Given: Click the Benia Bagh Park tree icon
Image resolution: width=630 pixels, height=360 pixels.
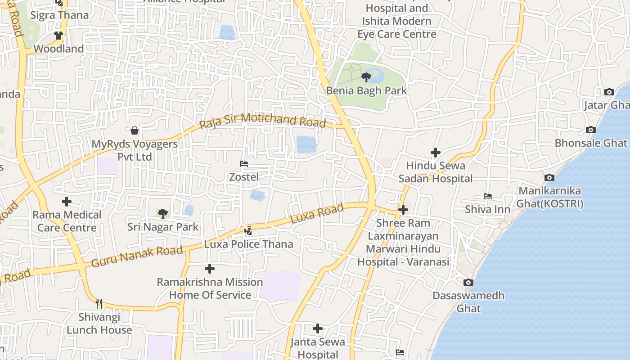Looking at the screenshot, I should [366, 77].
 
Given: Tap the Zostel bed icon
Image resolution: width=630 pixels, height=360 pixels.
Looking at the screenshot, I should [244, 164].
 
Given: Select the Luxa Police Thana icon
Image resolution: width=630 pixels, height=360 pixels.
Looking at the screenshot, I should [248, 231].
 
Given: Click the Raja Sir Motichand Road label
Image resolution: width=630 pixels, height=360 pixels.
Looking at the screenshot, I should [263, 121].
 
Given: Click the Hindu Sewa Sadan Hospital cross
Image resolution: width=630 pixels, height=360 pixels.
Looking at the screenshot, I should [435, 153].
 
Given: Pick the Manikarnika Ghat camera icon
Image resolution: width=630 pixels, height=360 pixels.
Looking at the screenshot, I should [549, 177].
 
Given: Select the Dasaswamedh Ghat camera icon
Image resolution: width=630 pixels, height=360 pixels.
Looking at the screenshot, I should [468, 282].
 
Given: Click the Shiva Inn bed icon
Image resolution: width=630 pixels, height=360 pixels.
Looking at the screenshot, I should [487, 196].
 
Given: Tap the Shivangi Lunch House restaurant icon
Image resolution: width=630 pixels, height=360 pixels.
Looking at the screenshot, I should [99, 304].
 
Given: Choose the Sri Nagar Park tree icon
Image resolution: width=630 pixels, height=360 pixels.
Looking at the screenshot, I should [162, 213].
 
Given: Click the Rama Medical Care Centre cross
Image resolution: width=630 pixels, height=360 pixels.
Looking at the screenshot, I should [67, 201].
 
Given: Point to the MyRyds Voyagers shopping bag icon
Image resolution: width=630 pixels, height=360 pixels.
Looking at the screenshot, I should [134, 130].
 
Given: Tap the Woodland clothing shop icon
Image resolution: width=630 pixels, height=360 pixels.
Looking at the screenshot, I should [58, 35].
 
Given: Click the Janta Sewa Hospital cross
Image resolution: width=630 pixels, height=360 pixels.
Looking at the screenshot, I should [318, 328].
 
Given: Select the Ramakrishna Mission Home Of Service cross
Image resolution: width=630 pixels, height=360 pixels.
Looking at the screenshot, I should [209, 269].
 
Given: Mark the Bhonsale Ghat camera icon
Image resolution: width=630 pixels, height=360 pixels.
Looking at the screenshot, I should [591, 130].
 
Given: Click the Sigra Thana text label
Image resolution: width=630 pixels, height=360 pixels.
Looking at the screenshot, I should [59, 15].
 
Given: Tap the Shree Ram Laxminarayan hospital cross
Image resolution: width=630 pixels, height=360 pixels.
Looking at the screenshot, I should [403, 209].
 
